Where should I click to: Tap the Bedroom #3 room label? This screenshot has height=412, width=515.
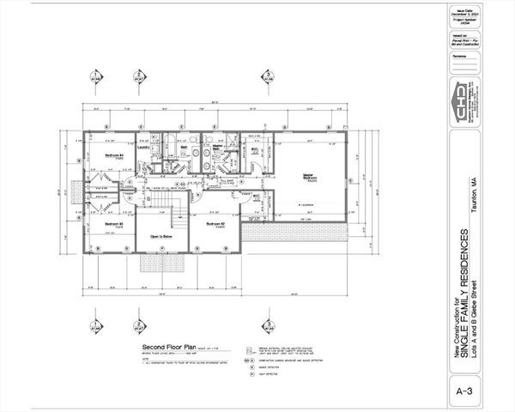pyautogui.click(x=114, y=225)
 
